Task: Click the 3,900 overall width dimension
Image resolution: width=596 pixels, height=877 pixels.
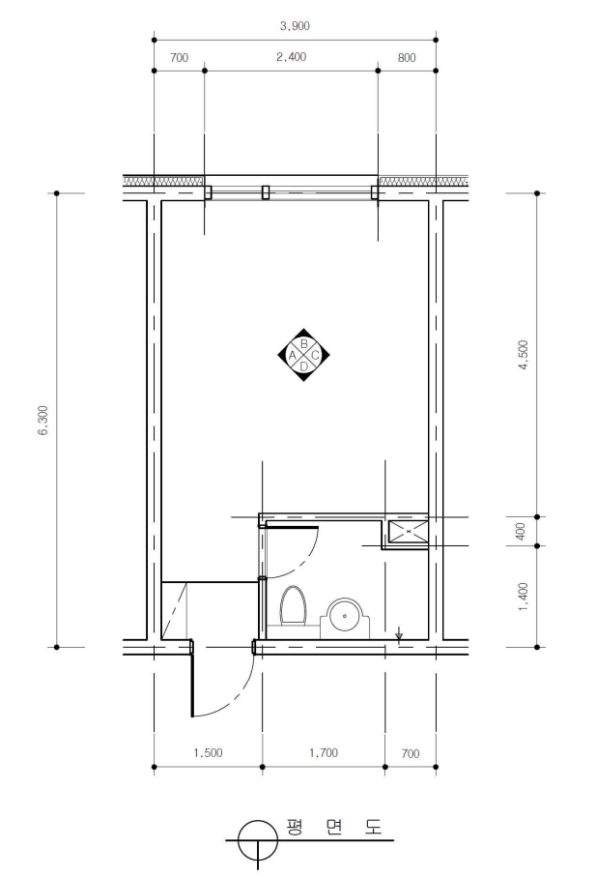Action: [x=295, y=26]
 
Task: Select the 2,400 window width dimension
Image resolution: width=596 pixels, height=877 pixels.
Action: [x=291, y=57]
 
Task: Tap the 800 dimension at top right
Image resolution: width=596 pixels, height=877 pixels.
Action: [x=407, y=58]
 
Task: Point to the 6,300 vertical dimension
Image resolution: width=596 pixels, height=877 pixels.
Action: [x=44, y=420]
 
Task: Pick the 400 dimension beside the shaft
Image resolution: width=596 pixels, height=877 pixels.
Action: [x=521, y=531]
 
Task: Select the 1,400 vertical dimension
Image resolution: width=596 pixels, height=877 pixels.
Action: [x=524, y=597]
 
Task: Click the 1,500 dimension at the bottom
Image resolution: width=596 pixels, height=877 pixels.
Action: [x=208, y=753]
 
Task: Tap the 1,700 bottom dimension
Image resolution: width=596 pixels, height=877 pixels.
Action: [x=324, y=753]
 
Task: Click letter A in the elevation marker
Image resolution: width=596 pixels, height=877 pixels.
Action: [x=292, y=355]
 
